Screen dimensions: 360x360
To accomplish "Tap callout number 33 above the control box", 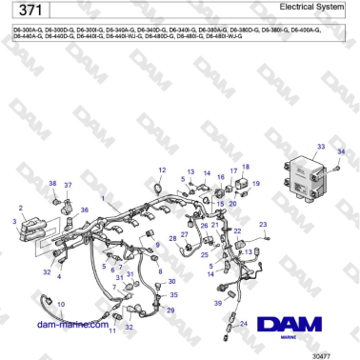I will pyautogui.click(x=320, y=147).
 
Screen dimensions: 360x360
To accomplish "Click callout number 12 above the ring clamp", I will pyautogui.click(x=162, y=170).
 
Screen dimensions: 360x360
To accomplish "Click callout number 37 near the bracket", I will pyautogui.click(x=68, y=184).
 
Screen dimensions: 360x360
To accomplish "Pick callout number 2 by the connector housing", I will pyautogui.click(x=21, y=207).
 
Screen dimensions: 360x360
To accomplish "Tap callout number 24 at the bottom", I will pyautogui.click(x=244, y=324).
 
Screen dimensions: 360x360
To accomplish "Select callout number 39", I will pyautogui.click(x=218, y=303).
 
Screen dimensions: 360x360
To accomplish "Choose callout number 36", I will pyautogui.click(x=84, y=210).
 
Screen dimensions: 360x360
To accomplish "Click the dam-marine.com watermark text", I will pyautogui.click(x=72, y=324).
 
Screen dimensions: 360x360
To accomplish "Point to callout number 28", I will pyautogui.click(x=171, y=238).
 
